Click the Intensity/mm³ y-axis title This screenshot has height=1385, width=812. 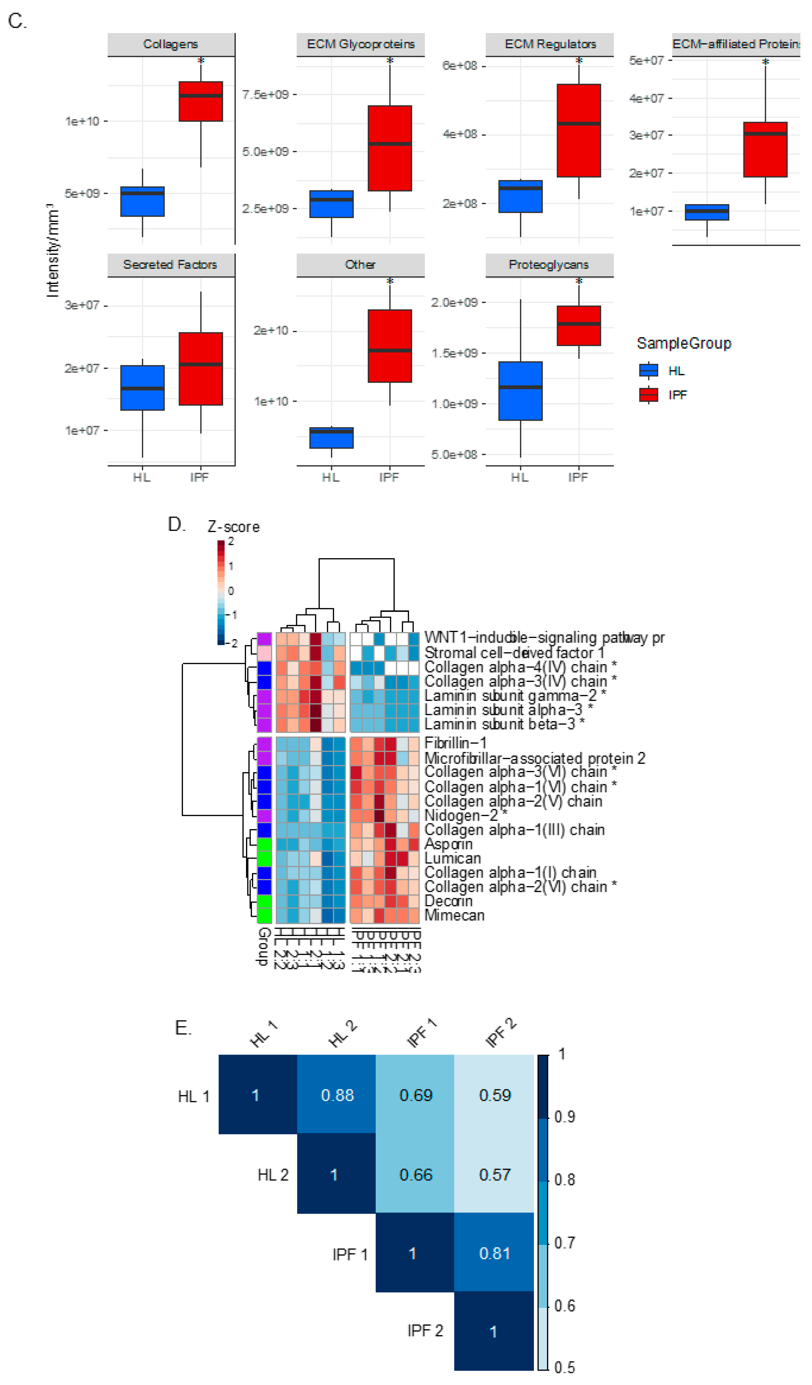pyautogui.click(x=52, y=250)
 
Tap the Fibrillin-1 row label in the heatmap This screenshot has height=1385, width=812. pyautogui.click(x=455, y=743)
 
